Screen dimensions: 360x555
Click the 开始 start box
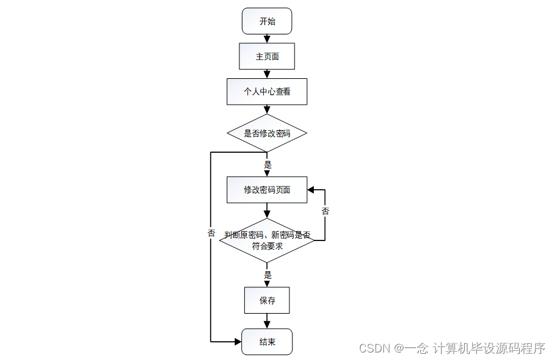tap(267, 21)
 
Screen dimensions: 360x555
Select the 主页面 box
tap(267, 56)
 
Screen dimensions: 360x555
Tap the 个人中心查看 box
tap(267, 91)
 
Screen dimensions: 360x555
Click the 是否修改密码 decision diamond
tap(267, 133)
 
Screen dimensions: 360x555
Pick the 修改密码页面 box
tap(267, 190)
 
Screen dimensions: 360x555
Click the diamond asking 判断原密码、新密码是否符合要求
tap(267, 240)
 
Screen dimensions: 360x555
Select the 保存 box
tap(267, 301)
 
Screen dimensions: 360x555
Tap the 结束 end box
tap(267, 342)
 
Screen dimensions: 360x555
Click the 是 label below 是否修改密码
tap(267, 165)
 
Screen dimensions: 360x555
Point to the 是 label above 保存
tap(267, 274)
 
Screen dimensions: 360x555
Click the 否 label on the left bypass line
tap(211, 233)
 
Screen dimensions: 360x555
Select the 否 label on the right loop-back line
tap(325, 211)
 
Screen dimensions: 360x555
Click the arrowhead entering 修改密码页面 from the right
tap(311, 190)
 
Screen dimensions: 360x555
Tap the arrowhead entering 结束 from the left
tap(237, 342)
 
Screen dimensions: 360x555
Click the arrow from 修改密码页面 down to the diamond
tap(267, 211)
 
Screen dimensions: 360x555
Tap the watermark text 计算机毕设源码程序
tap(489, 347)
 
